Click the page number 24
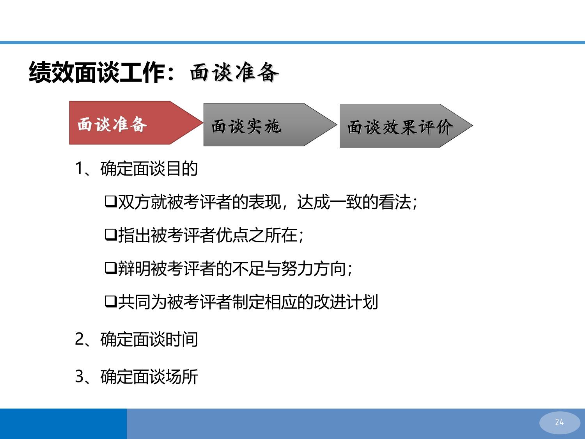(559, 422)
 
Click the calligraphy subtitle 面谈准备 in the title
(234, 72)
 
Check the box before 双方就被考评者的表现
(111, 201)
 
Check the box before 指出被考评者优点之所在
(111, 235)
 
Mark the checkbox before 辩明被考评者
(111, 268)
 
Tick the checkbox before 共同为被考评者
(111, 302)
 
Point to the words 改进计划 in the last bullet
(346, 302)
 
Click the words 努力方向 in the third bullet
(314, 268)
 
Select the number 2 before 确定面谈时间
(80, 339)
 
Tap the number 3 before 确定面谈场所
(80, 376)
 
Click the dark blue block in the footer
(64, 424)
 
